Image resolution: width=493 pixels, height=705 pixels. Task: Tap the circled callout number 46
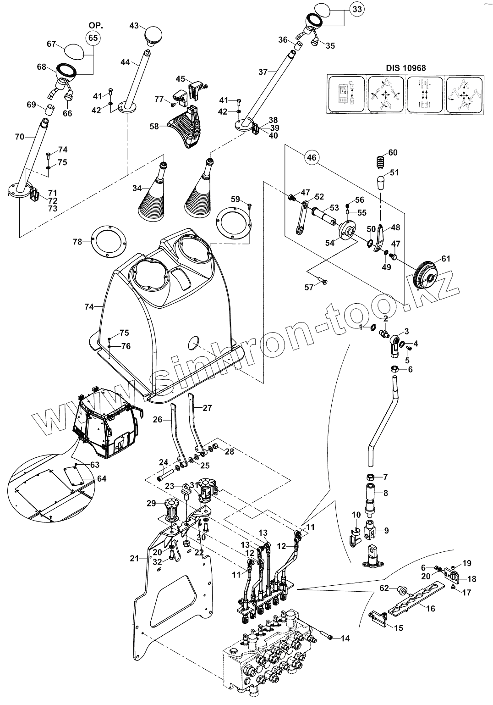pyautogui.click(x=311, y=158)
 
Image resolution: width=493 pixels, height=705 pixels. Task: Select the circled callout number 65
pyautogui.click(x=93, y=38)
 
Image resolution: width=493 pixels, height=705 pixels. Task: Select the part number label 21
pyautogui.click(x=134, y=558)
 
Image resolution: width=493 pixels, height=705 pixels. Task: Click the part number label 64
pyautogui.click(x=101, y=479)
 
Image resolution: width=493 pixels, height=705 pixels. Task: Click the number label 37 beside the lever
pyautogui.click(x=263, y=72)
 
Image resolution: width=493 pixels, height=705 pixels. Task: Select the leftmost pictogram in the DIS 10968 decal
pyautogui.click(x=347, y=95)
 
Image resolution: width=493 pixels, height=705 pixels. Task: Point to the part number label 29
pyautogui.click(x=151, y=503)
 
